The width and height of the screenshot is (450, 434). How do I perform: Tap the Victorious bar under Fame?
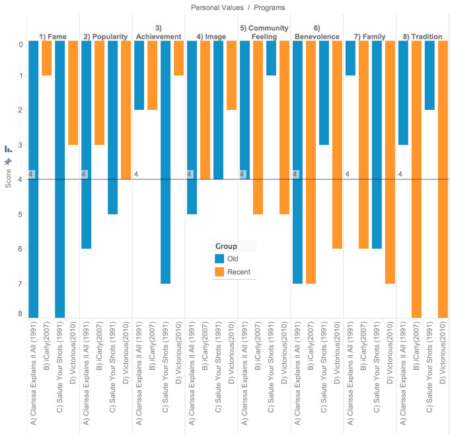73,93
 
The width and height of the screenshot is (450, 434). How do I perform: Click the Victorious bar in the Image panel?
231,75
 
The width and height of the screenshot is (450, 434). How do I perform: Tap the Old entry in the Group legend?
232,259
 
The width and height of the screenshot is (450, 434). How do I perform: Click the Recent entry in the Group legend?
237,271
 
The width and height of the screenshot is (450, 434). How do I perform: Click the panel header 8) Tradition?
422,36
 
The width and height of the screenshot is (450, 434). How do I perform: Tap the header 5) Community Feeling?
264,32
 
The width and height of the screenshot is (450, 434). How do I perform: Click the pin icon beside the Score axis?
8,162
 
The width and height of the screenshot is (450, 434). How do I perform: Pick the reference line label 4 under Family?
348,175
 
